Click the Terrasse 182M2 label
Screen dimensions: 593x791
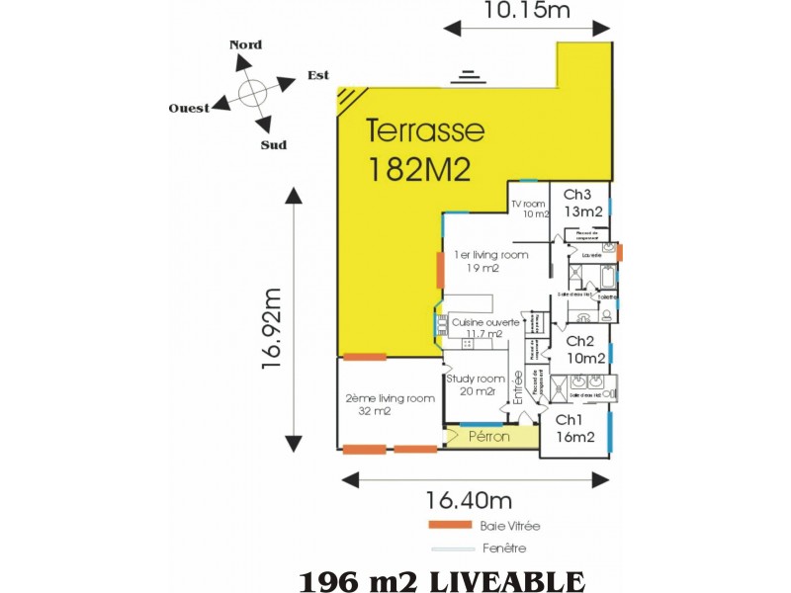coord(425,148)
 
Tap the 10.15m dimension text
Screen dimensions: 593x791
coord(527,11)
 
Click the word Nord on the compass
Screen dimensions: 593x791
coord(245,44)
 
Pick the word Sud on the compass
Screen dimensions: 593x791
coord(273,145)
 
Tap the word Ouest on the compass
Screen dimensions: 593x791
coord(189,108)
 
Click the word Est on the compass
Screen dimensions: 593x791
coord(317,75)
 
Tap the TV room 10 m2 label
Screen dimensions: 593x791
coord(529,209)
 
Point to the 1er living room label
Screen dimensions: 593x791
coord(490,261)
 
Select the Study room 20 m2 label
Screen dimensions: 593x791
coord(476,383)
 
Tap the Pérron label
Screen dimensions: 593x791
coord(488,436)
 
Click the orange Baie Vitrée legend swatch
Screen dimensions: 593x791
coord(450,525)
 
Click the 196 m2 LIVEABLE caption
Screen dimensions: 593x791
coord(441,579)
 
